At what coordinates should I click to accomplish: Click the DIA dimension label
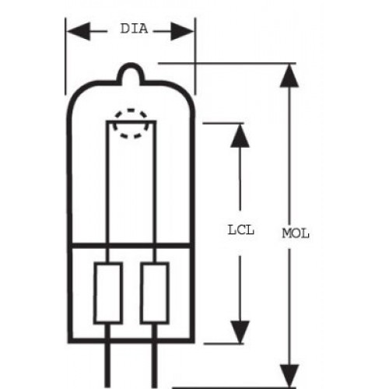(x=134, y=29)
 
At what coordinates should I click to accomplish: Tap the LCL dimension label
(x=241, y=230)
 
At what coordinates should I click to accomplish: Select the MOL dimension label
(x=296, y=233)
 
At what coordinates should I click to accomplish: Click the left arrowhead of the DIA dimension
(x=79, y=31)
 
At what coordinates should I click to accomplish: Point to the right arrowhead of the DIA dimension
(x=182, y=31)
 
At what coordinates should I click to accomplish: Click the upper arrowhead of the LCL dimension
(x=240, y=136)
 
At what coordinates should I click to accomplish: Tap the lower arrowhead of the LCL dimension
(x=240, y=332)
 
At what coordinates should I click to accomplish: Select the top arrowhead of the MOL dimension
(x=289, y=75)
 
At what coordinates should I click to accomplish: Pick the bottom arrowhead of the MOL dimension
(x=289, y=376)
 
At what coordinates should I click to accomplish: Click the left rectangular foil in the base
(x=108, y=293)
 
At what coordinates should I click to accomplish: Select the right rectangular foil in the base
(x=155, y=293)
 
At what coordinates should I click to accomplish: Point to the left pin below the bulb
(x=107, y=366)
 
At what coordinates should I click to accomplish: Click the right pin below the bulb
(x=154, y=366)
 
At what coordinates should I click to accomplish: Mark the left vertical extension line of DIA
(x=65, y=56)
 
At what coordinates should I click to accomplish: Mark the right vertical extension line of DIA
(x=195, y=56)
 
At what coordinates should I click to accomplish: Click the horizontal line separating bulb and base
(x=131, y=245)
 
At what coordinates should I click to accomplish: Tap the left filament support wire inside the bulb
(x=107, y=181)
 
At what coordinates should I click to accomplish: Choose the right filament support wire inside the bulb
(x=155, y=181)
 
